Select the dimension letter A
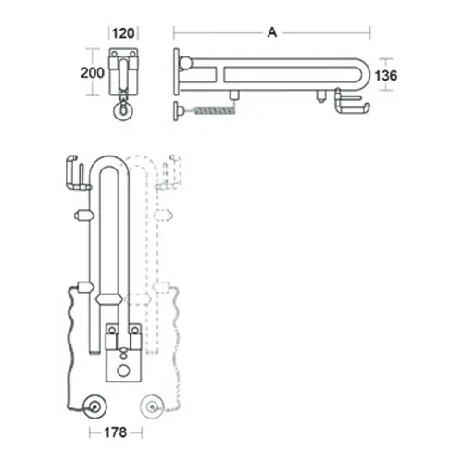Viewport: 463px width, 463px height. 271,33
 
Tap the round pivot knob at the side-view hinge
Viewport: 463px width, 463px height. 186,64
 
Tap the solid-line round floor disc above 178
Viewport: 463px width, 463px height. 93,406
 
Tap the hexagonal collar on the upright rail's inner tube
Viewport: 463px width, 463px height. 108,300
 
